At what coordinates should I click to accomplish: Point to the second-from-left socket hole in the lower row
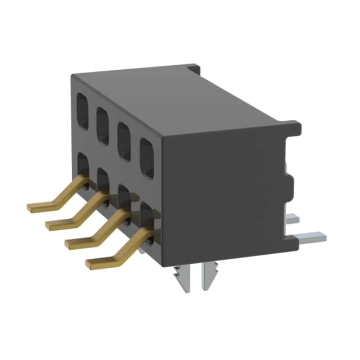coord(103,181)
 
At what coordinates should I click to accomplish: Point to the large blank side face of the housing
coord(225,191)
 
